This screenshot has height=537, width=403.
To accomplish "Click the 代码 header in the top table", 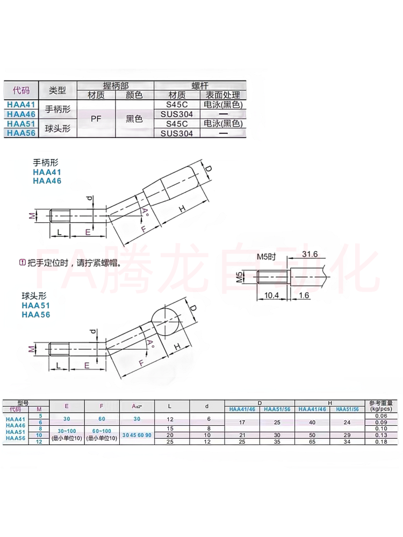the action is [x=21, y=90].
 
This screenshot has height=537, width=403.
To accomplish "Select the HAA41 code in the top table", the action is [x=21, y=105].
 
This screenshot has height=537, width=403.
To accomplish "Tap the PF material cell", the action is [x=96, y=119].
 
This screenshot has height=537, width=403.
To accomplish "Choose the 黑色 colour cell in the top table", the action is [x=134, y=119].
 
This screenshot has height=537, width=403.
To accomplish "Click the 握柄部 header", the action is [x=116, y=85].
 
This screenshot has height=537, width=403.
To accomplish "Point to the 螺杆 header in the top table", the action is [x=200, y=85].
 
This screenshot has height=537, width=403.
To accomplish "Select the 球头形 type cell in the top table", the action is [x=58, y=128].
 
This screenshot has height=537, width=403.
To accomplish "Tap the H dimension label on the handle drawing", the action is [x=181, y=208].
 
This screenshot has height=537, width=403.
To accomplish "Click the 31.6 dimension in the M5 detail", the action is [x=311, y=254].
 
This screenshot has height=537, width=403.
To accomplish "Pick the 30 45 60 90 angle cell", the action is [x=137, y=434].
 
